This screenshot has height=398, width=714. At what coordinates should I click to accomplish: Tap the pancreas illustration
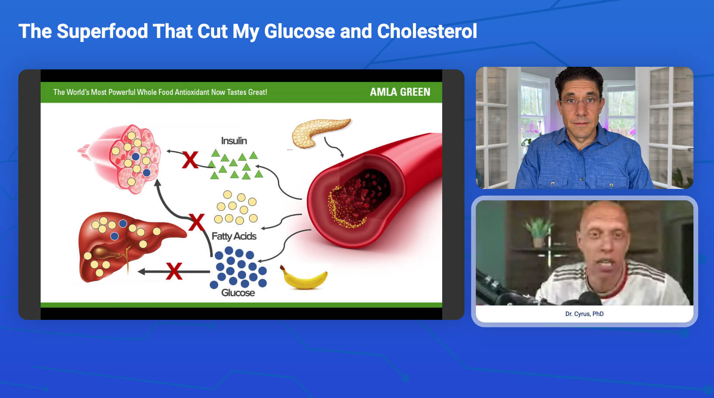tap(319, 132)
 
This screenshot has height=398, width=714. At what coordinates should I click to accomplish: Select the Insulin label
tap(234, 141)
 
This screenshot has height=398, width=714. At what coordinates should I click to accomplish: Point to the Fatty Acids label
tap(234, 236)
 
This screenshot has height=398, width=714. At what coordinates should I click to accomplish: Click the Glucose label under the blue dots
tap(238, 293)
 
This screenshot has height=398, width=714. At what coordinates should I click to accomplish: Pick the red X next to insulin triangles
tap(190, 160)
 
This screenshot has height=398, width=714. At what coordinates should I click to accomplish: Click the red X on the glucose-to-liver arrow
tap(174, 271)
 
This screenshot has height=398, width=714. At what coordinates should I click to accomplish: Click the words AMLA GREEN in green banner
tap(400, 92)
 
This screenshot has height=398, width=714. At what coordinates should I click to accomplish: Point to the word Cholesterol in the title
tap(427, 31)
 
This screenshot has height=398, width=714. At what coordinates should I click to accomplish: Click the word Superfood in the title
tap(102, 31)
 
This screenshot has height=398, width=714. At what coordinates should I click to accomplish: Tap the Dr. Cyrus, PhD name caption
tap(584, 314)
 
